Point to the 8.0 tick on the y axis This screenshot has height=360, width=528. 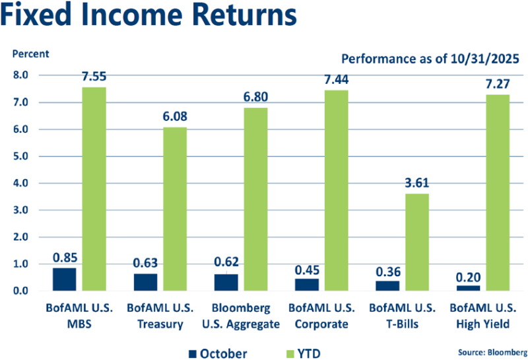(x=20, y=75)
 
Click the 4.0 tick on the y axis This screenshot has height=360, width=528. (x=20, y=183)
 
